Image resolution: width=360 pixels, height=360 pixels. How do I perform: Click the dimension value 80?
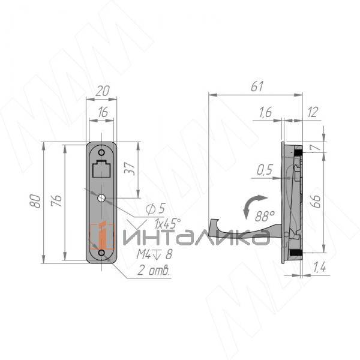(35, 201)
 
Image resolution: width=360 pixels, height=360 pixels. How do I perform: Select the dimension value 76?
(56, 200)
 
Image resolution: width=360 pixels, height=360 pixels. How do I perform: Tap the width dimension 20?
(103, 91)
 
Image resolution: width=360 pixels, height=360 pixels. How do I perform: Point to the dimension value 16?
(103, 112)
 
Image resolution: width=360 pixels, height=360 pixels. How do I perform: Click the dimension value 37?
(130, 169)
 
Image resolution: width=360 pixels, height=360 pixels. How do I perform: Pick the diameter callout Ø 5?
(155, 209)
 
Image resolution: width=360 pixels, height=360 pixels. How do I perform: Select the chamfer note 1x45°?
(167, 223)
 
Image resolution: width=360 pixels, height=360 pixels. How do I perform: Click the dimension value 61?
(257, 86)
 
